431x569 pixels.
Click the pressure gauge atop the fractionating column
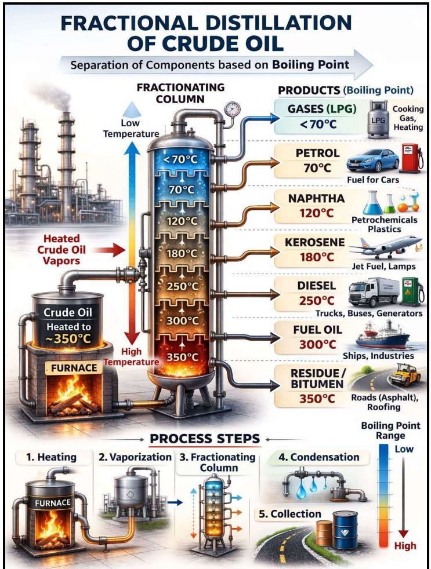click(x=231, y=108)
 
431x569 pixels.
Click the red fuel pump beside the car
click(x=411, y=159)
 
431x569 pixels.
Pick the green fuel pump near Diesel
click(x=412, y=291)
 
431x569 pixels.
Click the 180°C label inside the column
click(x=182, y=253)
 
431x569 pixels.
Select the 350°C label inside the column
click(x=182, y=357)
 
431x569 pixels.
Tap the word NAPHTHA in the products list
click(x=316, y=198)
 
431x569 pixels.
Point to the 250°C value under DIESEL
click(x=317, y=301)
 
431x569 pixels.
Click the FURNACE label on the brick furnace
click(x=74, y=368)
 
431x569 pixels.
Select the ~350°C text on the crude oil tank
click(x=68, y=338)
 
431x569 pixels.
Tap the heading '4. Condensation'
click(x=318, y=457)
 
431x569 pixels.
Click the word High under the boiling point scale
click(x=405, y=546)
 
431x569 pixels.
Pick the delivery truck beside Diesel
click(x=374, y=292)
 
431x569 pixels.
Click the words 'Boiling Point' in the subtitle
click(x=311, y=64)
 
